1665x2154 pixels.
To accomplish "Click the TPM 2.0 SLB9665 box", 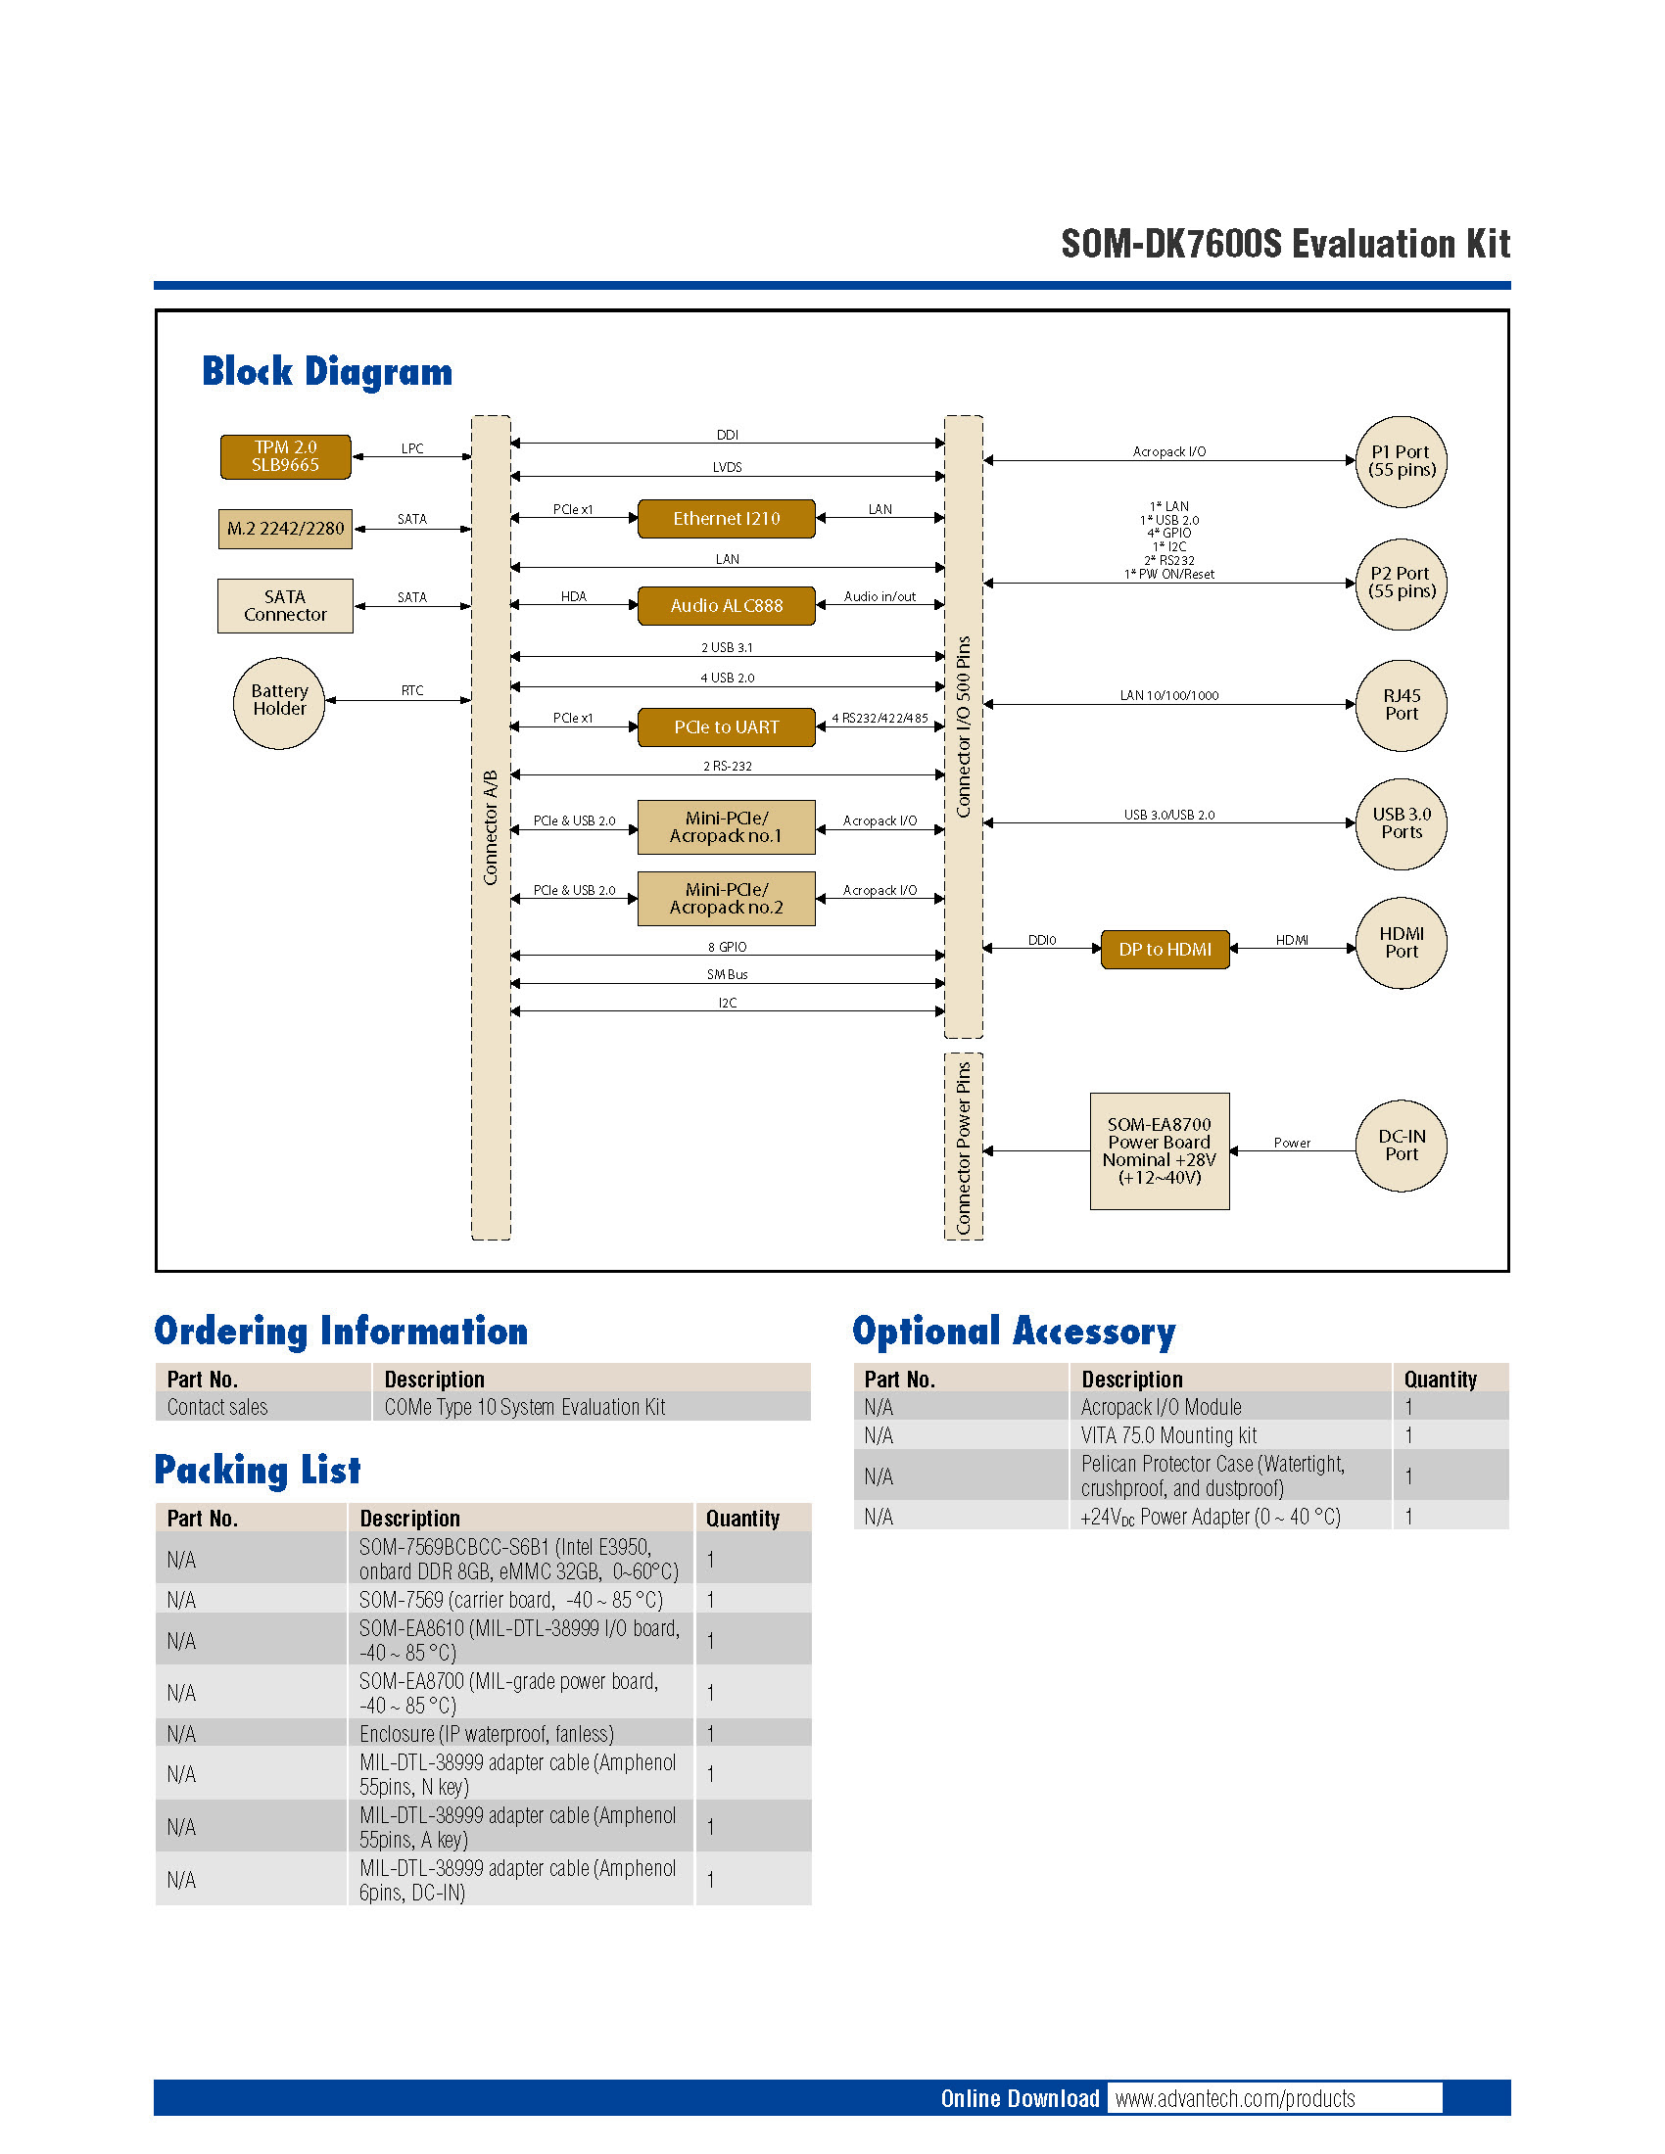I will (285, 456).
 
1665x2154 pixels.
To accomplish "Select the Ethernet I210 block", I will (726, 519).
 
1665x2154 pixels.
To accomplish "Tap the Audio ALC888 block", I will (726, 605).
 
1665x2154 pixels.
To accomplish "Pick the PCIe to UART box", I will (726, 726).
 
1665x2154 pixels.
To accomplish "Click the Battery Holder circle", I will (279, 701).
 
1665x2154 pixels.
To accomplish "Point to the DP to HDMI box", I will (1165, 950).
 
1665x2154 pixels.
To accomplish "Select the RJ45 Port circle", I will (1401, 705).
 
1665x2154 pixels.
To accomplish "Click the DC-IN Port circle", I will (1401, 1147).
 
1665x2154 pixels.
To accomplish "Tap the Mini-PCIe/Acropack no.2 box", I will (726, 899).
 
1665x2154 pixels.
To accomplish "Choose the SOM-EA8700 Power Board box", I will (1159, 1151).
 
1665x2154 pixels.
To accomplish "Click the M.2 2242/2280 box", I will (285, 529).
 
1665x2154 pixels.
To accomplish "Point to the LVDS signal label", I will (727, 467).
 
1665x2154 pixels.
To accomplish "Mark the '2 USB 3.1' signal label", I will (727, 648).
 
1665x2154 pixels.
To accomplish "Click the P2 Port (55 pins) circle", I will (1401, 584).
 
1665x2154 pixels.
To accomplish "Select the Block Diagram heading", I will (326, 372).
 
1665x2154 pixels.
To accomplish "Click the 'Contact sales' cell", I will (217, 1407).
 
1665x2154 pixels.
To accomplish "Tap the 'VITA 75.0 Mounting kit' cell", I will (1168, 1436).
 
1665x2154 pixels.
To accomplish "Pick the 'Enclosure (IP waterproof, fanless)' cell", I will (487, 1734).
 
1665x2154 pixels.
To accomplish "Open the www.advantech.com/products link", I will (1235, 2099).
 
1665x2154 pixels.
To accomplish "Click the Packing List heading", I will (258, 1470).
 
